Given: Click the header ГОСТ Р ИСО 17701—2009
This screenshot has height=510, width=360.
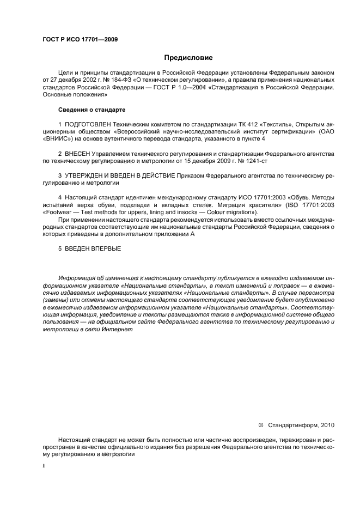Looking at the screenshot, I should tap(80, 39).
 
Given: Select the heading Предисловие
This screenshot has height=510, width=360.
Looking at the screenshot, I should tap(188, 58).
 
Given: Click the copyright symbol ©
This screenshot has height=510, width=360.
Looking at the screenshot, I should tap(260, 424).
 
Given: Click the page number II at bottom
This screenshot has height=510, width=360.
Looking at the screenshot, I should tap(45, 466).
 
